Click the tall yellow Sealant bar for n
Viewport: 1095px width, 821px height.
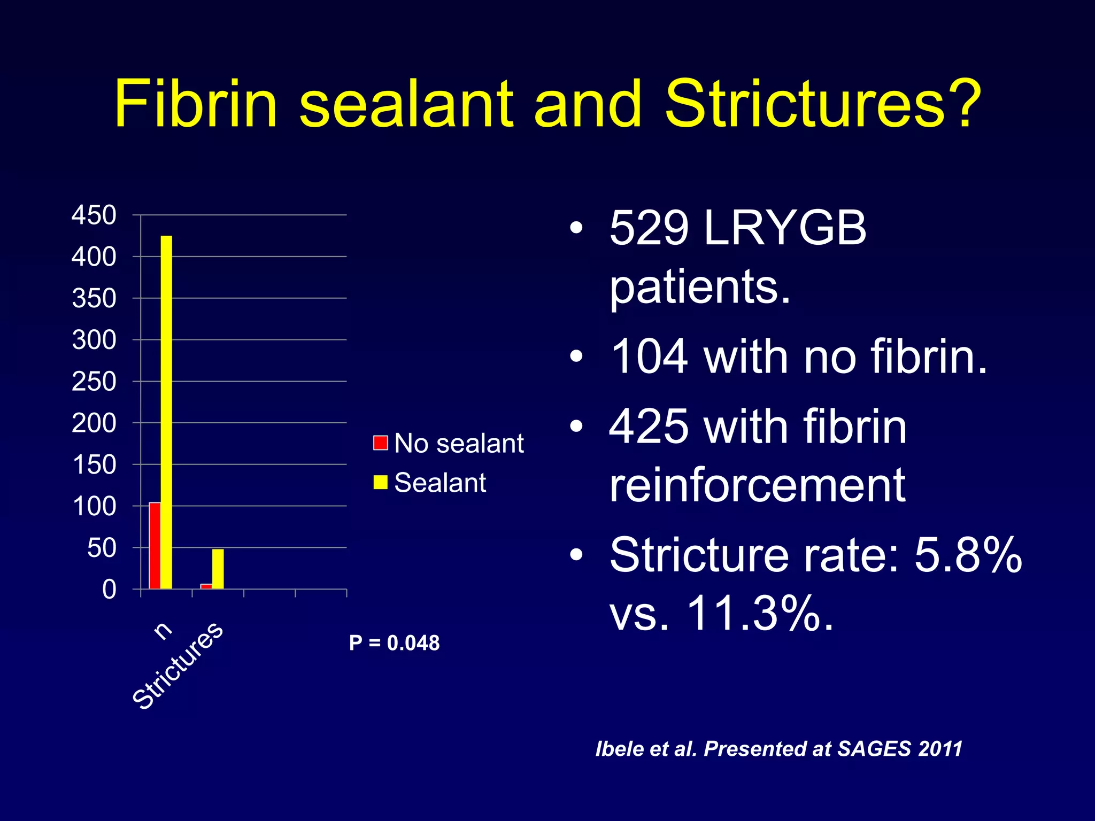coord(166,412)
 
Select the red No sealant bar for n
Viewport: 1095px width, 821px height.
coord(155,545)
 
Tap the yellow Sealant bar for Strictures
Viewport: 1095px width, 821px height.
coord(218,569)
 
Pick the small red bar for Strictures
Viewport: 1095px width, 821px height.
coord(206,586)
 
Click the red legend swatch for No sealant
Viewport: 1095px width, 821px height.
coord(380,443)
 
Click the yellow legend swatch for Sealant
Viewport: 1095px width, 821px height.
coord(380,482)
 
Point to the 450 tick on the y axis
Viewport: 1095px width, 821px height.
coord(94,215)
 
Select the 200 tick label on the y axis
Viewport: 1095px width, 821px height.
coord(94,423)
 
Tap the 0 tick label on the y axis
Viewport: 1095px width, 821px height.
coord(109,590)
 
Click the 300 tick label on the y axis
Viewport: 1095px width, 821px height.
coord(94,340)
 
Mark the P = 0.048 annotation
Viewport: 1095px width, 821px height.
coord(394,643)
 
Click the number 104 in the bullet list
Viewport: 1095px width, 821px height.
coord(649,357)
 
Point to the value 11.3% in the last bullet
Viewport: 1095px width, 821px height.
coord(759,613)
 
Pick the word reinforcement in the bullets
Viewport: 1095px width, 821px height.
coord(757,485)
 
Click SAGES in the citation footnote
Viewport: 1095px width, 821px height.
coord(874,749)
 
